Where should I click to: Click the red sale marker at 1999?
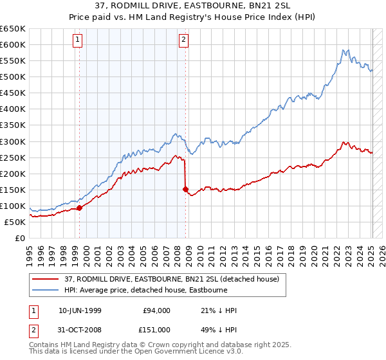[x=80, y=208]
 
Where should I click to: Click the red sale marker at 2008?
[x=186, y=190]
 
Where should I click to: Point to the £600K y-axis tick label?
[x=13, y=45]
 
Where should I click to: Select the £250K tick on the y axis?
[x=13, y=157]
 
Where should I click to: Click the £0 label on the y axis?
[x=20, y=239]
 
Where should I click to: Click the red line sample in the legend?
[x=46, y=279]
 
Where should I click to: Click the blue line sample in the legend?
[x=46, y=290]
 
